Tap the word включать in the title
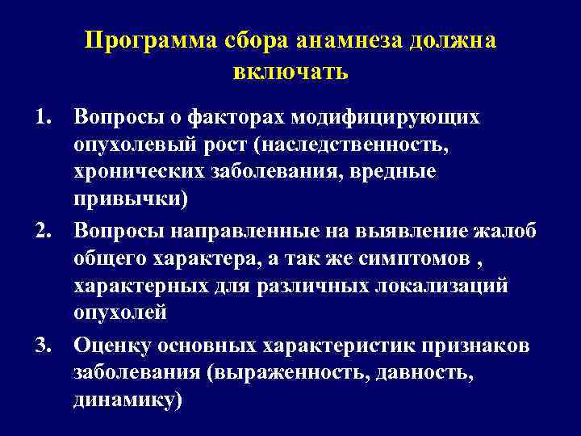290,73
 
